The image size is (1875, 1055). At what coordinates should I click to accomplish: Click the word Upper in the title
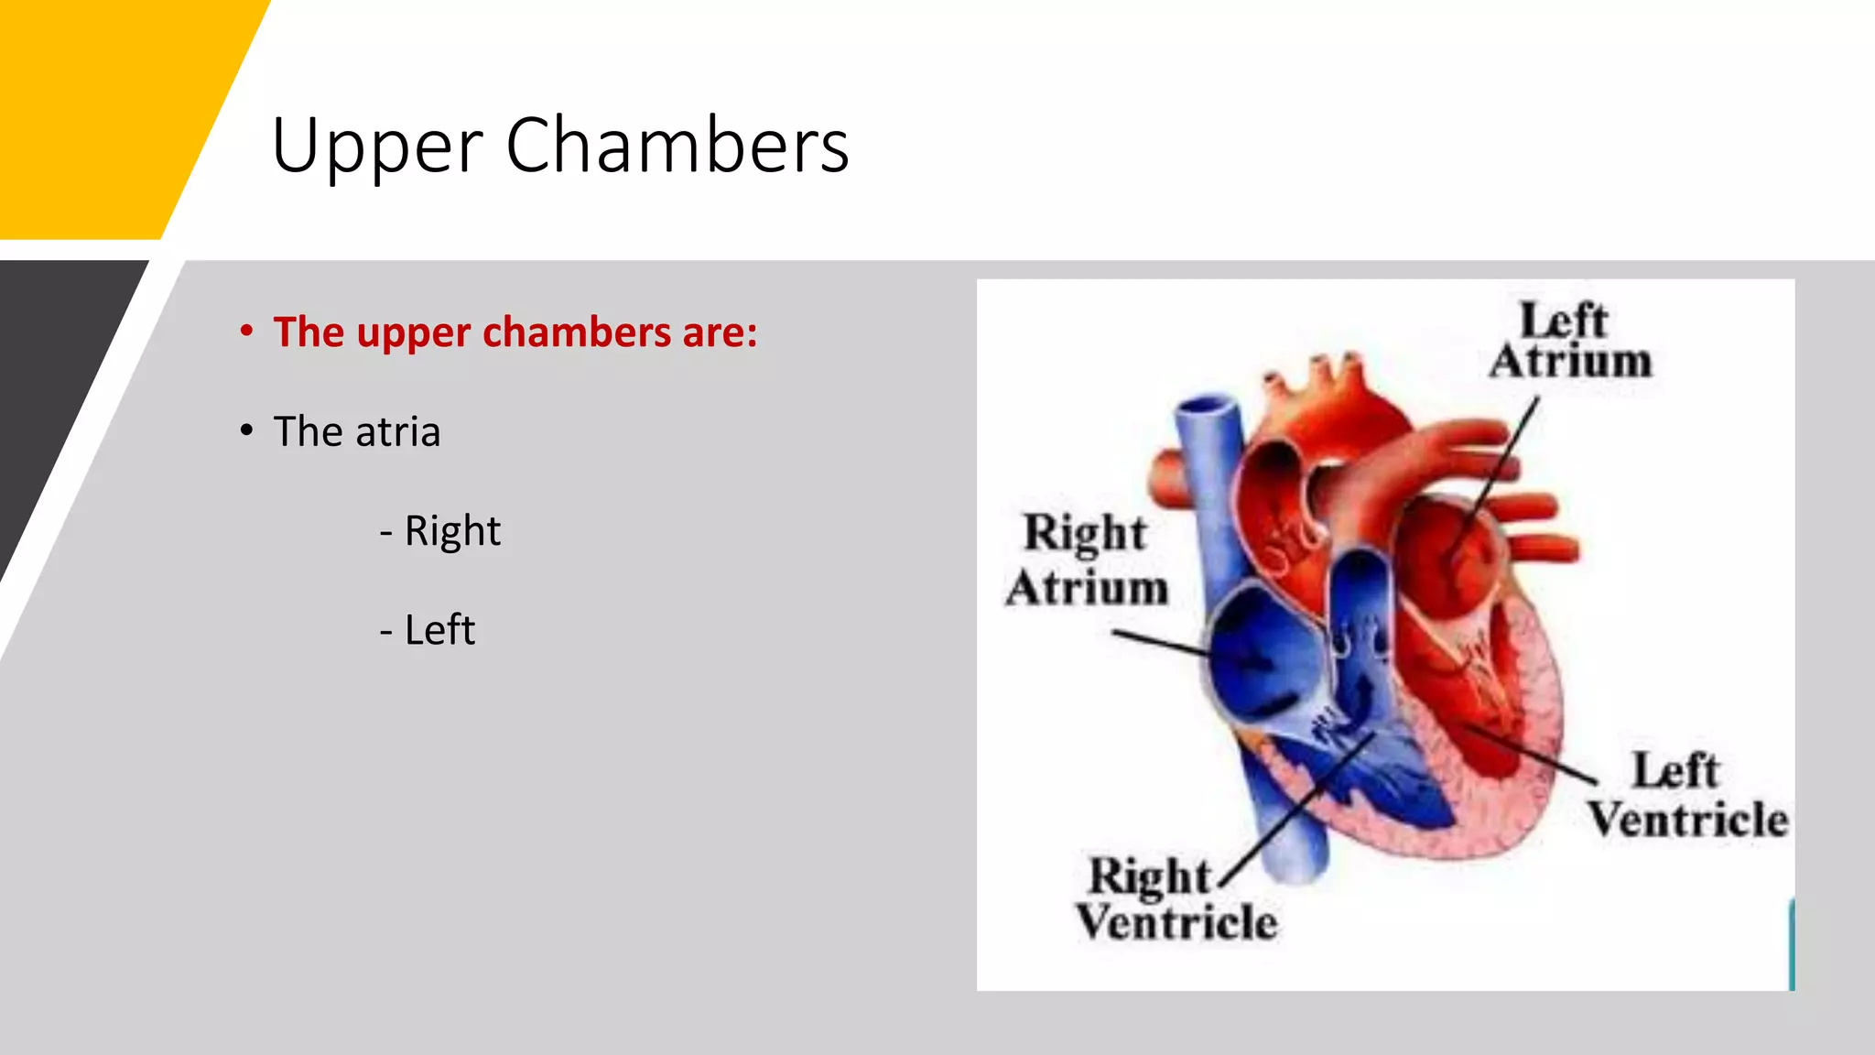pos(376,147)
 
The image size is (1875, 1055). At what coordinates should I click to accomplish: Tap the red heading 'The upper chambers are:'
pos(515,332)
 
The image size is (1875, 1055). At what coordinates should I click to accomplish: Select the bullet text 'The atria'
pos(356,431)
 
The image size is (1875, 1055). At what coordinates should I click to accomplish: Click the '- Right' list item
pos(440,531)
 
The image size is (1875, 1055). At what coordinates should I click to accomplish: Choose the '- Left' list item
pos(428,630)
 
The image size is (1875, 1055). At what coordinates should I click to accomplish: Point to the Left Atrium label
pos(1570,340)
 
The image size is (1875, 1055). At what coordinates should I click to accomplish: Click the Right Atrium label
pos(1087,560)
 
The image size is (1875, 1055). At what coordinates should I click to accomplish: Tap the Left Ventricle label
pos(1686,795)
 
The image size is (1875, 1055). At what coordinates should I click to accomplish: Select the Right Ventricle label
pos(1176,899)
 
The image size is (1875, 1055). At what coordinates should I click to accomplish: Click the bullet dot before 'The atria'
pos(246,430)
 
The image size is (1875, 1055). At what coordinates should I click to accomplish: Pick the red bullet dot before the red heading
pos(246,331)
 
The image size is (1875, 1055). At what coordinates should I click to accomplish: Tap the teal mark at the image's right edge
pos(1791,943)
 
